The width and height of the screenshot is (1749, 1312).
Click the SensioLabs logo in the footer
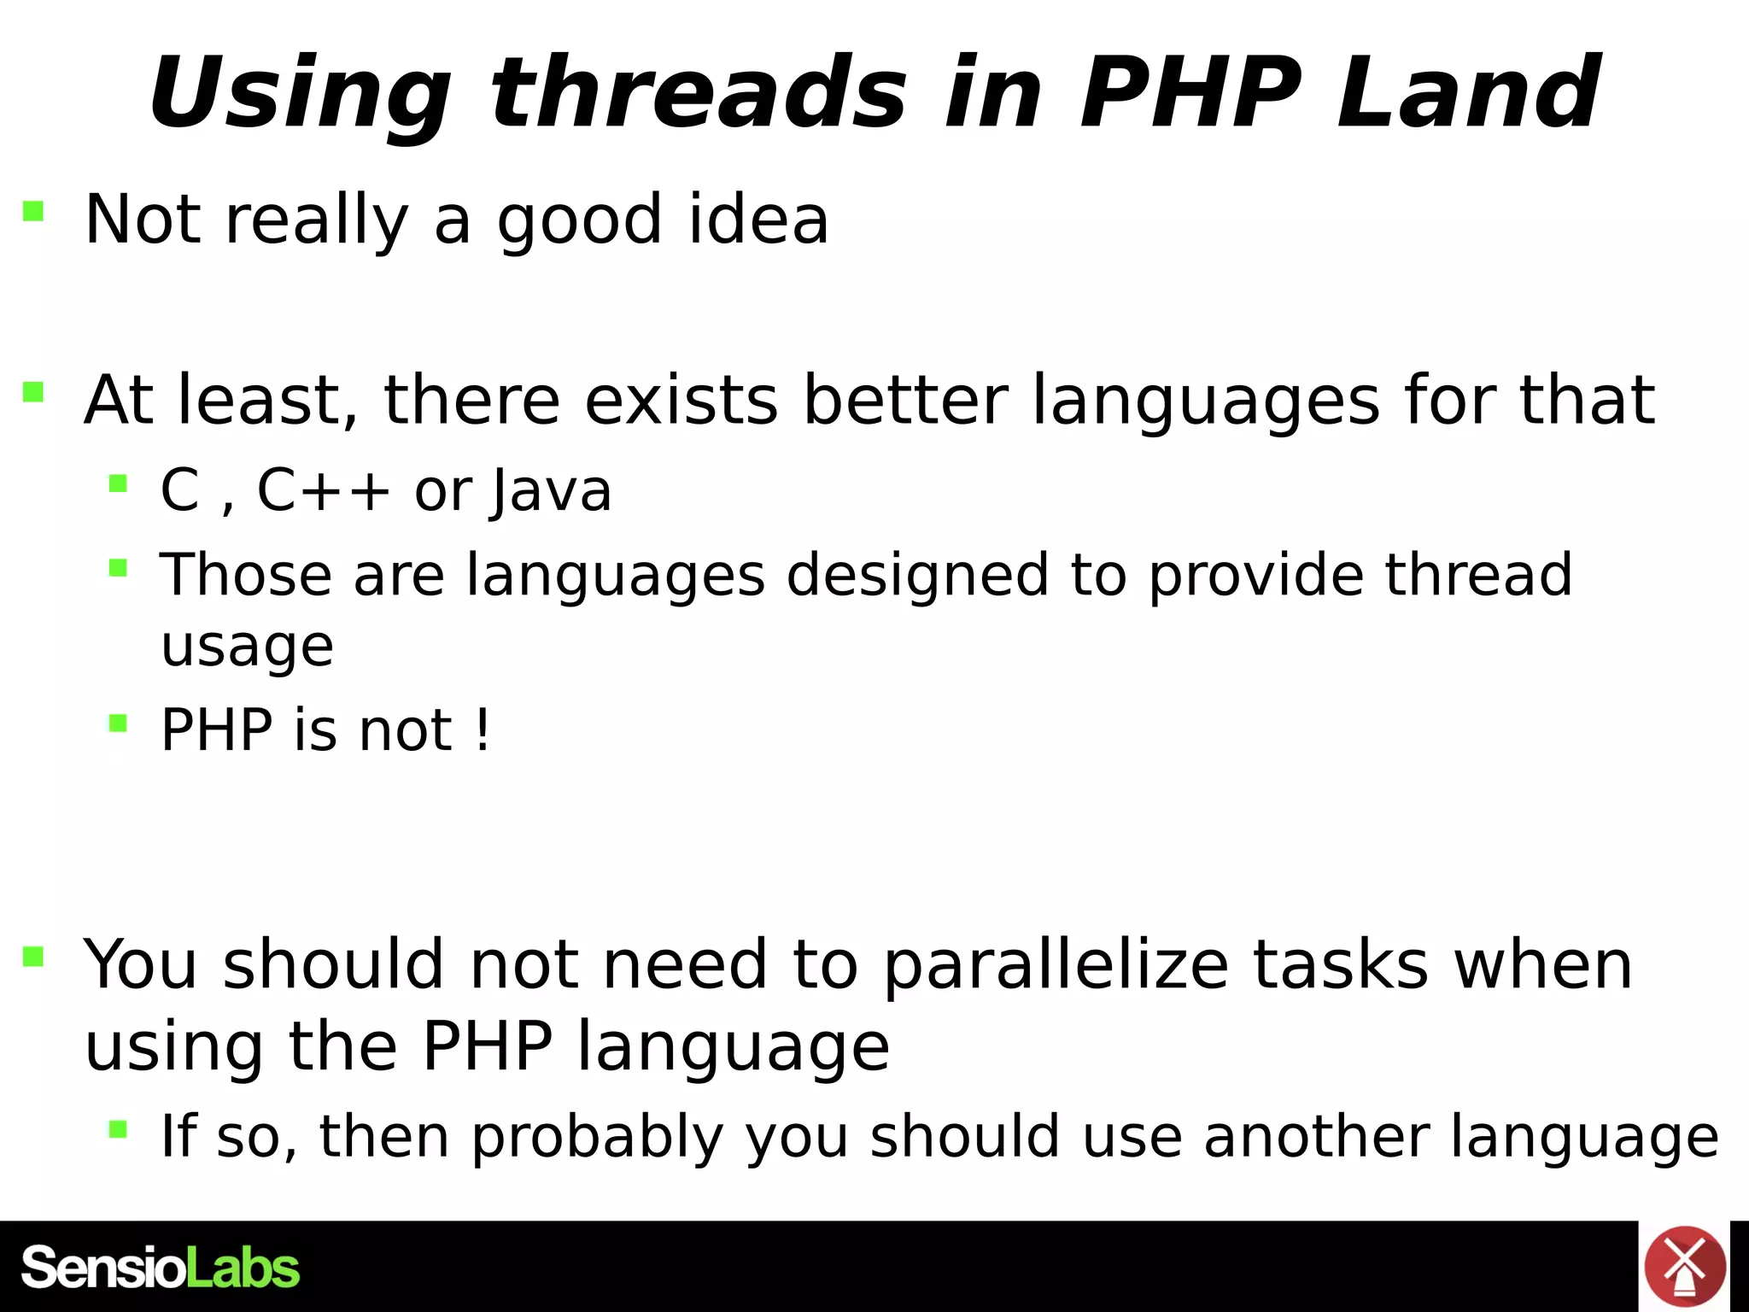tap(160, 1268)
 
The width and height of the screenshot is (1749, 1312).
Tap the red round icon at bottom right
tap(1684, 1267)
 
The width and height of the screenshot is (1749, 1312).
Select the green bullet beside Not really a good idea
tap(33, 211)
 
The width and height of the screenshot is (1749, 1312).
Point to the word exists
tap(681, 400)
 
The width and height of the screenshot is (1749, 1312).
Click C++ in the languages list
tap(323, 491)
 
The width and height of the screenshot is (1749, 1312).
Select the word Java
tap(552, 491)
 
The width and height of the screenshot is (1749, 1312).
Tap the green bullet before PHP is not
tap(118, 724)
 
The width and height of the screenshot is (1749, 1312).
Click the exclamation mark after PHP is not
tap(483, 730)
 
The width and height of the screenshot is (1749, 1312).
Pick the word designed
tap(916, 575)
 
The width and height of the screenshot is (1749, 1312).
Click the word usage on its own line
tap(247, 647)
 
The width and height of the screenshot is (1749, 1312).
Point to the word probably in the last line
tap(597, 1138)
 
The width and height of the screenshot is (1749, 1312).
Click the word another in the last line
tap(1316, 1138)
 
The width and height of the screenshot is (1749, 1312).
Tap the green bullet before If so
tap(118, 1130)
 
